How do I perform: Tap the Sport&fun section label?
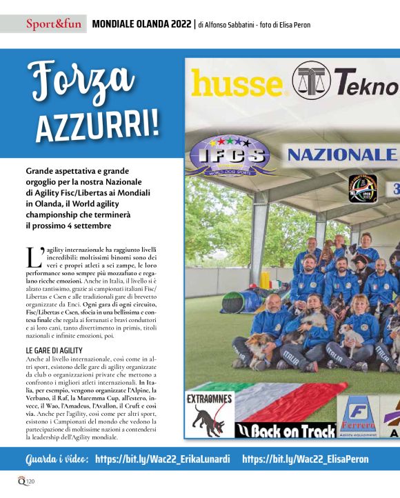tap(54, 25)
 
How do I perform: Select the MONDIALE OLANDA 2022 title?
tap(140, 25)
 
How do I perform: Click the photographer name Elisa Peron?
tap(290, 26)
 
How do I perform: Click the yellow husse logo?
tap(237, 84)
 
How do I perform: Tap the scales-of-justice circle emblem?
tap(311, 81)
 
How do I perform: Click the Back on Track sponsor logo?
tap(276, 431)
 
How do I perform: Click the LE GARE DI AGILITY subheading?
tap(54, 351)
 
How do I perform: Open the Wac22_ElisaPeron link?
tap(306, 459)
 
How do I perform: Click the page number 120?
tap(30, 481)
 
